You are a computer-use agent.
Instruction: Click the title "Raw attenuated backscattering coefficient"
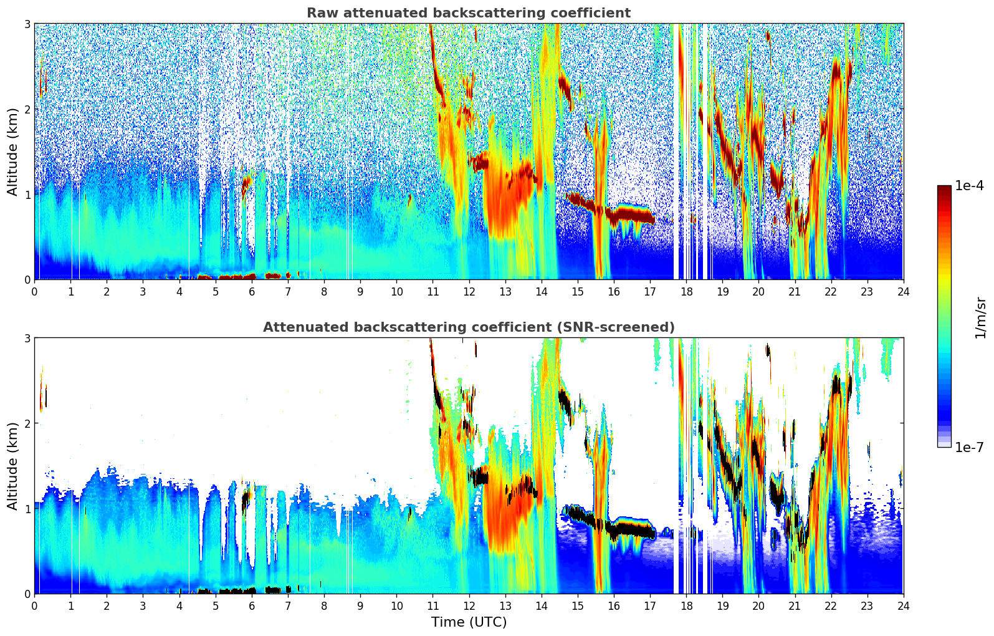click(468, 13)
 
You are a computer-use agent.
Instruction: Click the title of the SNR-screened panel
click(469, 327)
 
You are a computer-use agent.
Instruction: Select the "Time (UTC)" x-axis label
click(469, 622)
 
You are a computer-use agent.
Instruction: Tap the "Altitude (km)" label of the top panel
click(13, 152)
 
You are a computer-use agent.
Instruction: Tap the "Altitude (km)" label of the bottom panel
click(13, 466)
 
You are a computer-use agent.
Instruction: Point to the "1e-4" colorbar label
click(969, 186)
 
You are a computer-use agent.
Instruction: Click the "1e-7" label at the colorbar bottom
click(969, 447)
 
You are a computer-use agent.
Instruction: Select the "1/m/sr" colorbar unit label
click(980, 317)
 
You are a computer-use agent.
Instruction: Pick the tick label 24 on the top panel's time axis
click(903, 292)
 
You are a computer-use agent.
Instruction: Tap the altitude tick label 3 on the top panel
click(27, 24)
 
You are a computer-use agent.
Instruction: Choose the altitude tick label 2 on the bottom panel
click(27, 423)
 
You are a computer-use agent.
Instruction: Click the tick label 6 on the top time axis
click(252, 292)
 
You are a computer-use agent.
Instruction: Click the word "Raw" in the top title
click(321, 13)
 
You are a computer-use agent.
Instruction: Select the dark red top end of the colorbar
click(944, 188)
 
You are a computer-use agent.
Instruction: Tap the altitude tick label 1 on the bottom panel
click(27, 509)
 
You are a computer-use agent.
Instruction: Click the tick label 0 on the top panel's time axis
click(34, 292)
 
